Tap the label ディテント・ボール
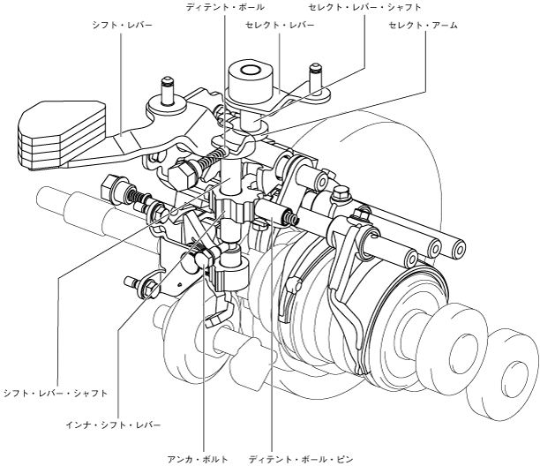tap(225, 7)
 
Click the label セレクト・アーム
tap(424, 26)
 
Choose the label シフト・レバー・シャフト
tap(56, 392)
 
